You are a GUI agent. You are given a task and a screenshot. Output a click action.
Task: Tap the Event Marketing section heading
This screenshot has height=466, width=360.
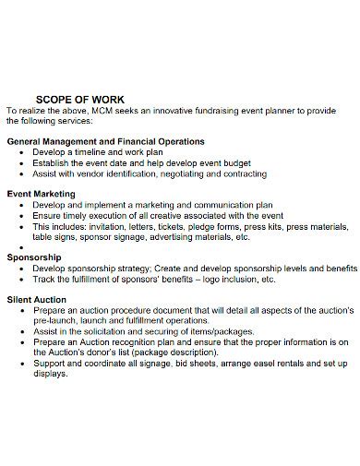(42, 194)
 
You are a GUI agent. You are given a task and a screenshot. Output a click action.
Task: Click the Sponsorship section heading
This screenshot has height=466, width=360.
(34, 257)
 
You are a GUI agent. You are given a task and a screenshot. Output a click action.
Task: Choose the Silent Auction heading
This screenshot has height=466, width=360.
(37, 300)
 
